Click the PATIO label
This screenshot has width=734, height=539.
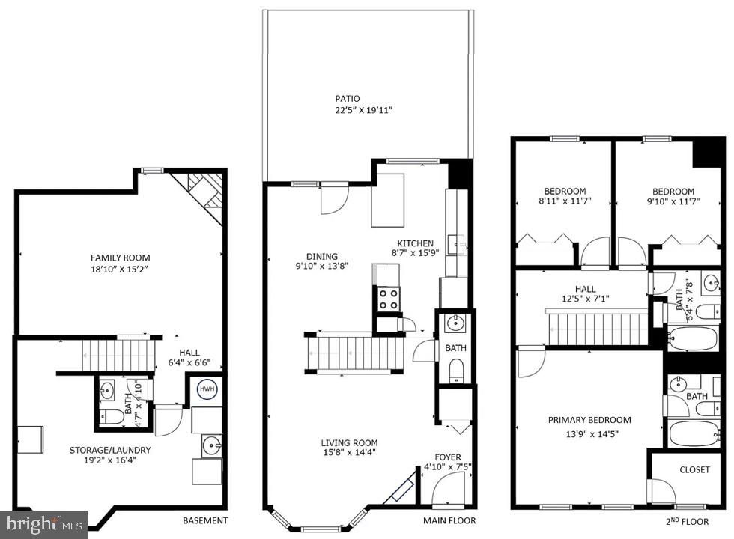347,98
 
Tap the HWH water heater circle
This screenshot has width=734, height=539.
207,389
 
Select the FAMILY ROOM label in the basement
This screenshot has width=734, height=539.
121,258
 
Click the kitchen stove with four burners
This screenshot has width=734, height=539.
388,299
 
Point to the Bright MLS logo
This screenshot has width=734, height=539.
43,523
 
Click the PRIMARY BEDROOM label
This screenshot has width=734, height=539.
589,420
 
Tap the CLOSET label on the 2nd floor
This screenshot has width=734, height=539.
694,470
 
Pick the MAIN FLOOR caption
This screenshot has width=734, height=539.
449,520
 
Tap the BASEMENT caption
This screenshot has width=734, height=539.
205,520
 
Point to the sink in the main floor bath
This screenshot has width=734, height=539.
454,323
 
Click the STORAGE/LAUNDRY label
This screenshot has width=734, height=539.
110,450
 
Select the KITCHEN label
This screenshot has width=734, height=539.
415,243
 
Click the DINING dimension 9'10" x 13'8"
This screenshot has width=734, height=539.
322,266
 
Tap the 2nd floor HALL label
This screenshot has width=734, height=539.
585,289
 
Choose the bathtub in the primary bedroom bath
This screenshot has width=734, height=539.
693,433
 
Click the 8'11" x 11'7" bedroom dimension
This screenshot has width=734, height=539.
565,201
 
